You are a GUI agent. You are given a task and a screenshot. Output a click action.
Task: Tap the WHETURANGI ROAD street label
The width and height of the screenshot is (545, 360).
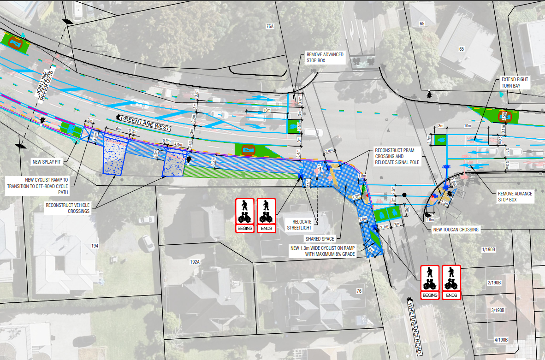(414, 325)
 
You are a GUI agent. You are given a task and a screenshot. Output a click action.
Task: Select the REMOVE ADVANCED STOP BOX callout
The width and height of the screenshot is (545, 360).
(325, 57)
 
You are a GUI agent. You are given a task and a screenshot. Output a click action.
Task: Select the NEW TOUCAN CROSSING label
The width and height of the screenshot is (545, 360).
(455, 229)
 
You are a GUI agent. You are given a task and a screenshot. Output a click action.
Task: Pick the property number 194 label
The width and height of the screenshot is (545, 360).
(95, 246)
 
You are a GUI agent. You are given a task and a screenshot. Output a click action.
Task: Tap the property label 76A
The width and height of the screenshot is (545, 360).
(270, 26)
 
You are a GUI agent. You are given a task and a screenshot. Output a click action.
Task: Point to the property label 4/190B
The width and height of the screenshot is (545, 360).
(501, 340)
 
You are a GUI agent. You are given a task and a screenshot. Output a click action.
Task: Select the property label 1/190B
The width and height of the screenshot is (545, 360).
(488, 249)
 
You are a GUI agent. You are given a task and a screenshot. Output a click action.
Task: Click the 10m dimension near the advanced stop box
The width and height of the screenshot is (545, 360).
(267, 111)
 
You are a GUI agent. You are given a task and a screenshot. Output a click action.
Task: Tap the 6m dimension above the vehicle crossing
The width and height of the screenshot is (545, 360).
(118, 130)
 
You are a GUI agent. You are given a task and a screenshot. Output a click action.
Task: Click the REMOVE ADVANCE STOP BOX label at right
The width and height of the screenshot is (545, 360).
(515, 197)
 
